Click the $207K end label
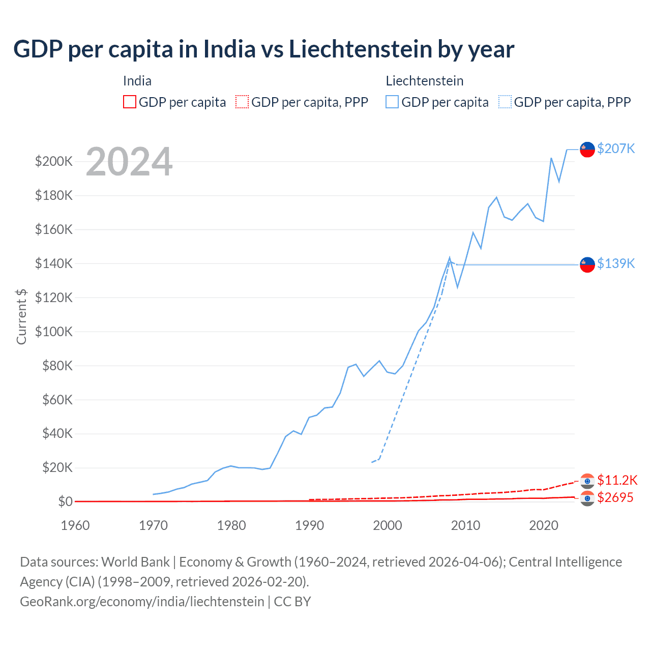click(616, 149)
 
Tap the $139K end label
click(616, 263)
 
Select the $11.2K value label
click(617, 480)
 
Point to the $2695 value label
click(615, 497)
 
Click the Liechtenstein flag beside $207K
click(587, 150)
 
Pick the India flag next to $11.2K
click(587, 481)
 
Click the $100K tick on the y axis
click(53, 332)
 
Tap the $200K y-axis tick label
click(53, 161)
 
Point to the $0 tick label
click(65, 501)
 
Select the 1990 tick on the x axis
click(309, 525)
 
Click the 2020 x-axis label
click(544, 525)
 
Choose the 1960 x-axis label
click(75, 525)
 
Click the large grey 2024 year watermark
click(129, 162)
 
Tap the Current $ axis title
click(21, 316)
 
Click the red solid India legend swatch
click(130, 102)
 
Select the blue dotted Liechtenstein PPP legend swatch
click(505, 102)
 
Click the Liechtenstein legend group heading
click(424, 81)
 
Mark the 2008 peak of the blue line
click(450, 258)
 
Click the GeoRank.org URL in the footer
click(142, 601)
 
